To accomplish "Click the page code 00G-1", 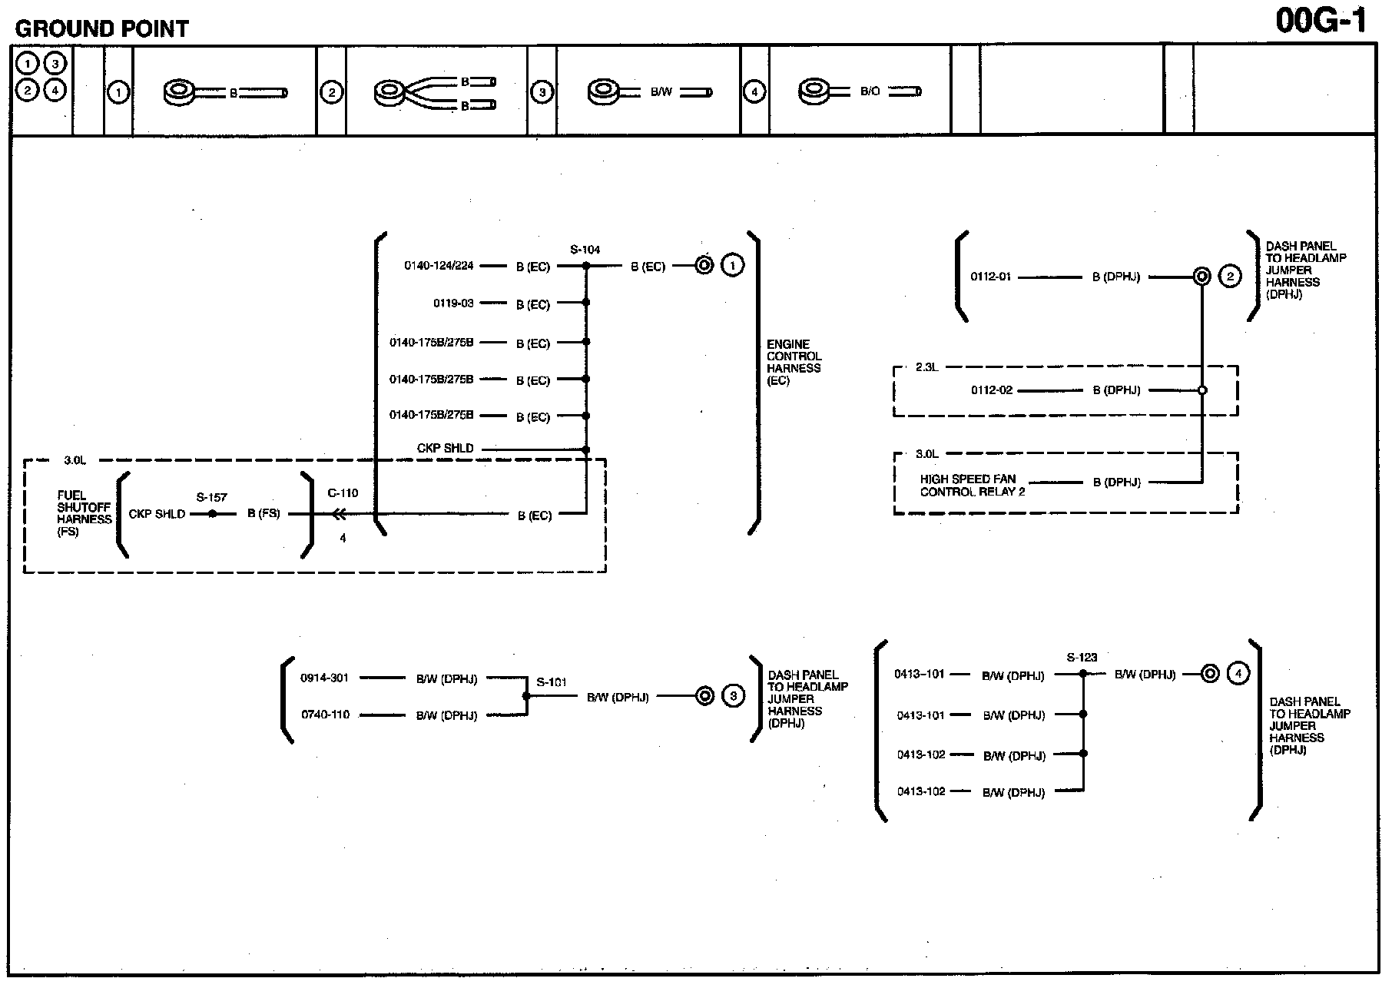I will coord(1321,21).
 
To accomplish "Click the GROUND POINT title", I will coord(101,29).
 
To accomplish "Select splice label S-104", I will coord(585,250).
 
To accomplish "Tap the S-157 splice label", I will coord(212,497).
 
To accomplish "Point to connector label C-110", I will coord(343,493).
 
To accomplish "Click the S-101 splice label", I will coord(552,681).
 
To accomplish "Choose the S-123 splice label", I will coord(1082,658).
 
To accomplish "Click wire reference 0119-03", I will coord(453,303).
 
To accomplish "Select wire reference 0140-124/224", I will coord(439,266).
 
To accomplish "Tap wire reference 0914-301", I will coord(324,678).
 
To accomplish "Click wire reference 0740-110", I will coord(325,715).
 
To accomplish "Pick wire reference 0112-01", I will coord(990,277).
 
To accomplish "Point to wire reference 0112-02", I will coord(992,390).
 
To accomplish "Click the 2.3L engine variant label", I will coord(926,367).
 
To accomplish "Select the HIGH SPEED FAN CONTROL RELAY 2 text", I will coord(972,485).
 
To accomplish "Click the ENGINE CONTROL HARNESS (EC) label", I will coord(794,362).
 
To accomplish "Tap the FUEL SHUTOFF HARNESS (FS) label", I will coord(84,513).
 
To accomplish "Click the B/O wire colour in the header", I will coord(870,91).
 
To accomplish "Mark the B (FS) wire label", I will coord(263,514).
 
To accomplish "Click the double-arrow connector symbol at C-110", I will coord(339,514).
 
